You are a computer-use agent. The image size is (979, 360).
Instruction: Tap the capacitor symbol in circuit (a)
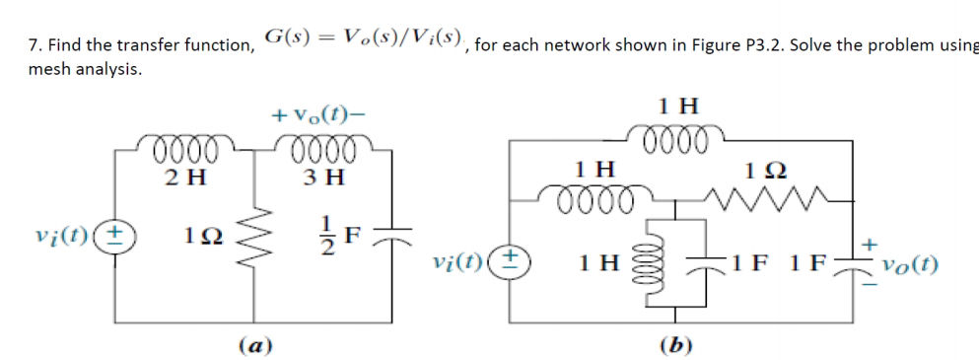click(392, 237)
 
